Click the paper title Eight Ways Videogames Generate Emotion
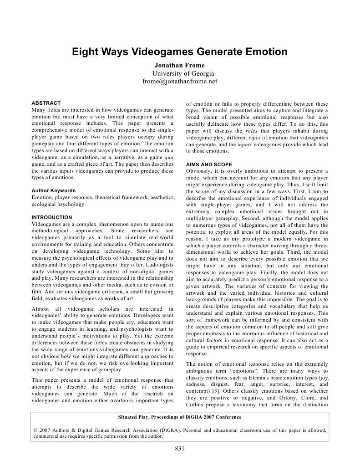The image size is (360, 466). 180,52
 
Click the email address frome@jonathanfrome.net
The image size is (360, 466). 180,82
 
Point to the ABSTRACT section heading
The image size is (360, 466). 46,103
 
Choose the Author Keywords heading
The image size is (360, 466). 54,190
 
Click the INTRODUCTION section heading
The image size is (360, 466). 52,217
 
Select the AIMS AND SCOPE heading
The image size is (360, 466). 209,164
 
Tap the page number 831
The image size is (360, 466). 179,449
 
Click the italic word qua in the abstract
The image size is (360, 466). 169,158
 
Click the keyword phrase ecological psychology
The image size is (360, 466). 58,204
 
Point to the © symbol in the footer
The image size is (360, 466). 36,429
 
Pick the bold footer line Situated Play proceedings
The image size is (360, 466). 179,417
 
